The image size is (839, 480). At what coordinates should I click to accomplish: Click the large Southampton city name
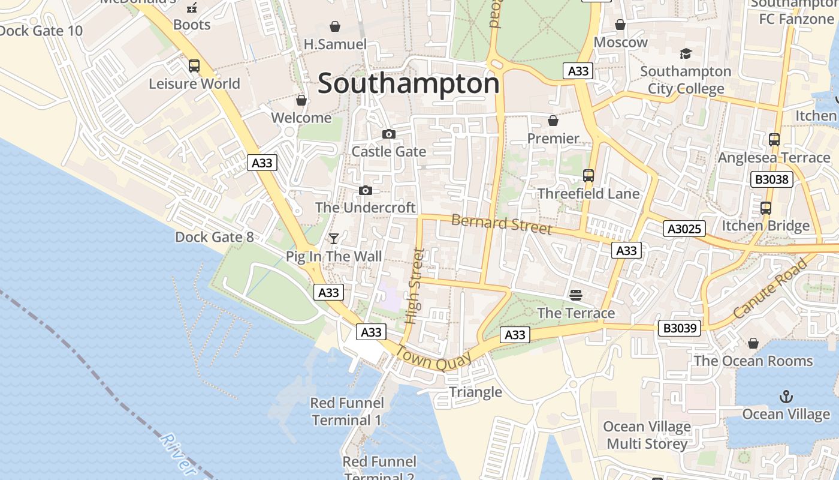click(408, 83)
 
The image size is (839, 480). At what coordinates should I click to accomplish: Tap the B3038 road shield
click(772, 179)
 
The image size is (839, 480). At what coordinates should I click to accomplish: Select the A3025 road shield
click(684, 228)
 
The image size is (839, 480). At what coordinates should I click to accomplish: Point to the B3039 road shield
click(679, 328)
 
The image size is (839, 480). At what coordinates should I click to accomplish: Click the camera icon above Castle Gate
click(389, 134)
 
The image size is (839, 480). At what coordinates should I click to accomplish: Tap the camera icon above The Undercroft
click(365, 191)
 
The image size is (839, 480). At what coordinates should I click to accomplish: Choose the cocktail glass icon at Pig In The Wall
click(334, 239)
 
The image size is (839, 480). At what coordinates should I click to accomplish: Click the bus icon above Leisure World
click(194, 66)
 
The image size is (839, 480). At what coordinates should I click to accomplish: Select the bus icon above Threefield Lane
click(588, 176)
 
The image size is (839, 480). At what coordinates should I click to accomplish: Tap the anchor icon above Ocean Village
click(786, 397)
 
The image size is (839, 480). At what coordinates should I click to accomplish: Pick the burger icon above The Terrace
click(576, 295)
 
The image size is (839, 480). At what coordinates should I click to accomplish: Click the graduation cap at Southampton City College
click(686, 54)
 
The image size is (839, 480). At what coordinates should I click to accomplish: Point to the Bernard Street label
click(502, 224)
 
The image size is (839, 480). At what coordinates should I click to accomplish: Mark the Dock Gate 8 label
click(214, 237)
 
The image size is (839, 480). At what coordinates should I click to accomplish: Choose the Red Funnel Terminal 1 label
click(346, 411)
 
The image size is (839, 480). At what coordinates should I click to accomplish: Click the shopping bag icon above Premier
click(553, 121)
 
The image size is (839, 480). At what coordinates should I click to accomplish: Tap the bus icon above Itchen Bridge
click(766, 208)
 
